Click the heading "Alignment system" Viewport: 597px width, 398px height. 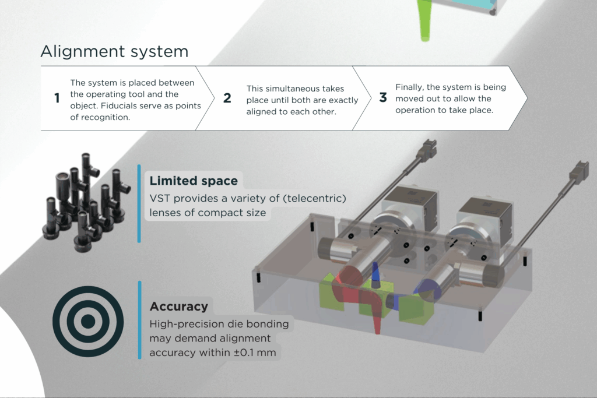[x=114, y=51]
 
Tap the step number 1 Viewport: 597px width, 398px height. [x=57, y=98]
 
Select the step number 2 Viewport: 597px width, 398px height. [x=227, y=98]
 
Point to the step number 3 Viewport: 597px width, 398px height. [x=382, y=98]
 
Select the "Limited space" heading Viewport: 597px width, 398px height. [x=194, y=181]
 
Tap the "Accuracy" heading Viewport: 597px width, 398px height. [x=178, y=306]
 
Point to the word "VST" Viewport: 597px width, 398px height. [x=161, y=198]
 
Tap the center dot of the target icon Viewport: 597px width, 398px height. [x=88, y=321]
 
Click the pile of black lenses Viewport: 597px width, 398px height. [x=84, y=201]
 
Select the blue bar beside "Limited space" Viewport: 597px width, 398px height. [x=139, y=202]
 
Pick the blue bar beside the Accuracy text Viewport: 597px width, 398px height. [x=139, y=319]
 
